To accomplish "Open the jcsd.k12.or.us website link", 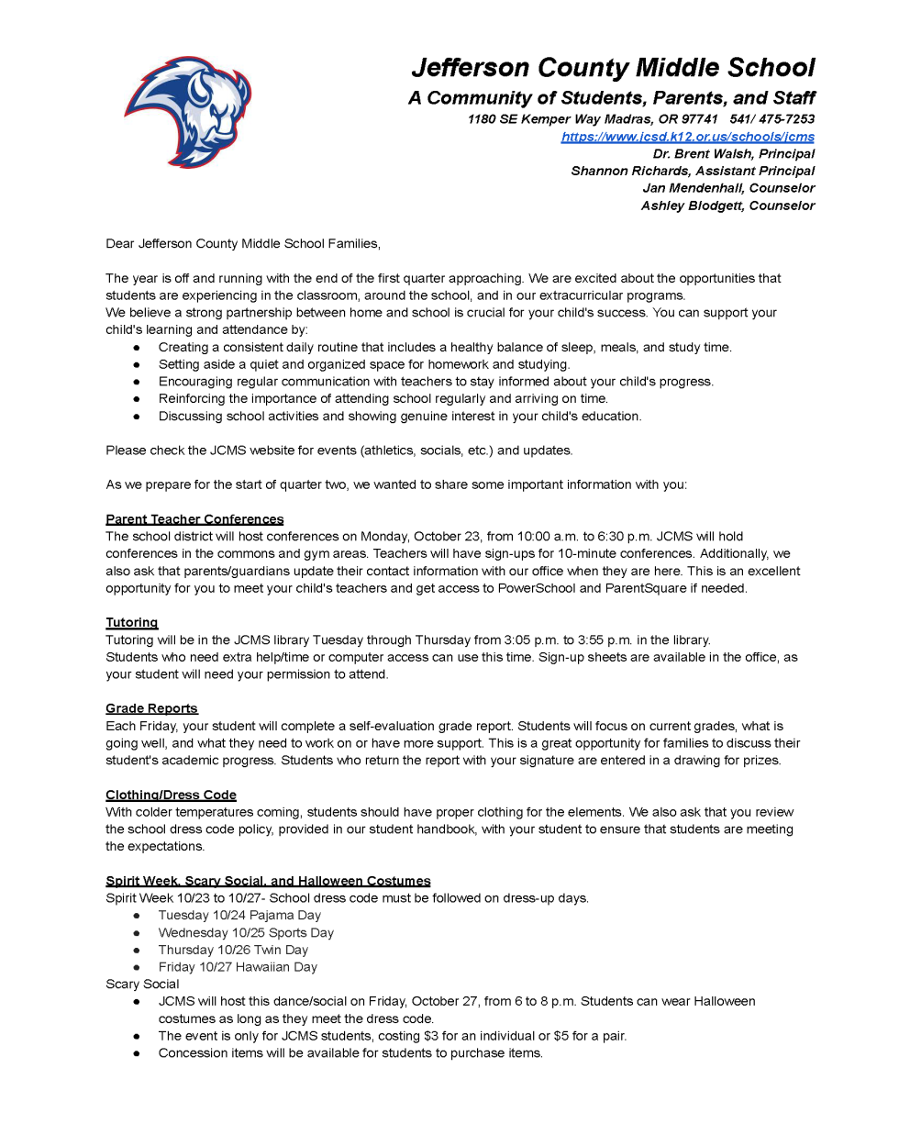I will click(x=687, y=137).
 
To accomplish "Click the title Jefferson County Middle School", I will click(x=613, y=68).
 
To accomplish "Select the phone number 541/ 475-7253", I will click(x=771, y=119).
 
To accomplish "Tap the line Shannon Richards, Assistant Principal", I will click(x=692, y=171).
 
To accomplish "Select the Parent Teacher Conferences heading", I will click(x=194, y=519).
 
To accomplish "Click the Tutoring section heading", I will click(x=131, y=623).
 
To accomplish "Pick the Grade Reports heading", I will click(x=151, y=708).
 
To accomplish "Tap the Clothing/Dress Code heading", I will click(x=171, y=795).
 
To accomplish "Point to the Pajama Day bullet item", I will click(x=239, y=916).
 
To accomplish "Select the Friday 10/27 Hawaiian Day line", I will click(x=238, y=967).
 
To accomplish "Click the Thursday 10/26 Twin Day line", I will click(x=233, y=950).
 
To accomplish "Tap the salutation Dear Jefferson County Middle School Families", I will click(x=243, y=244).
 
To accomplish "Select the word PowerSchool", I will click(x=536, y=588).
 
